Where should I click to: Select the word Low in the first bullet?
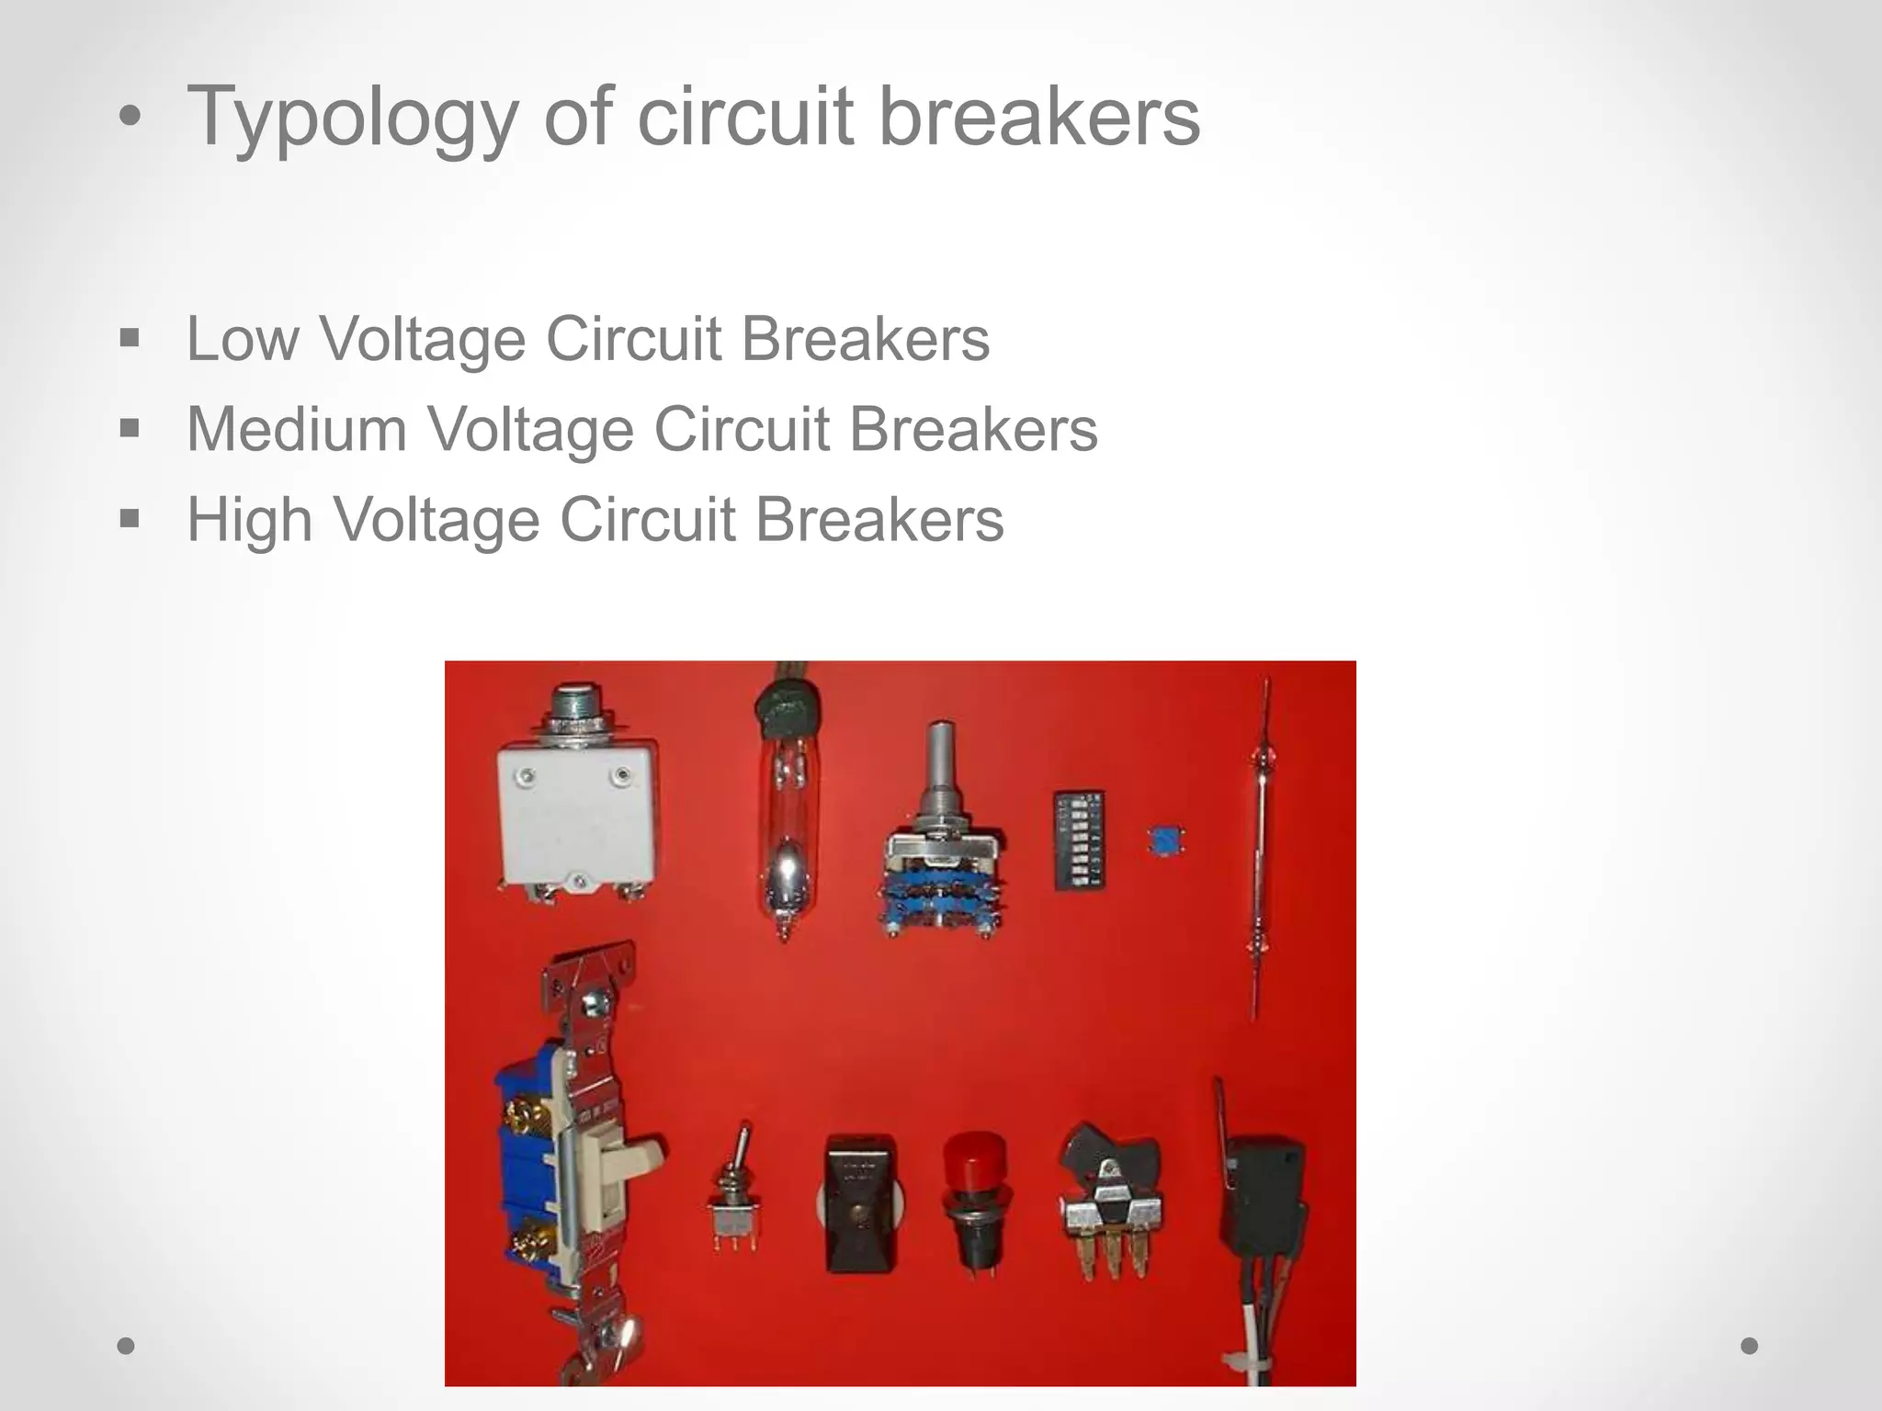coord(243,339)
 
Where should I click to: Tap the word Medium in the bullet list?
coord(297,429)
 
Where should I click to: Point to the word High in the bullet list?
coord(249,519)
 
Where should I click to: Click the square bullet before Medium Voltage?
coord(130,428)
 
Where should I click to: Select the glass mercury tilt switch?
coord(783,827)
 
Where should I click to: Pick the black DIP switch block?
coord(1079,841)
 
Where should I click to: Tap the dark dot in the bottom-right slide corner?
coord(1750,1346)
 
